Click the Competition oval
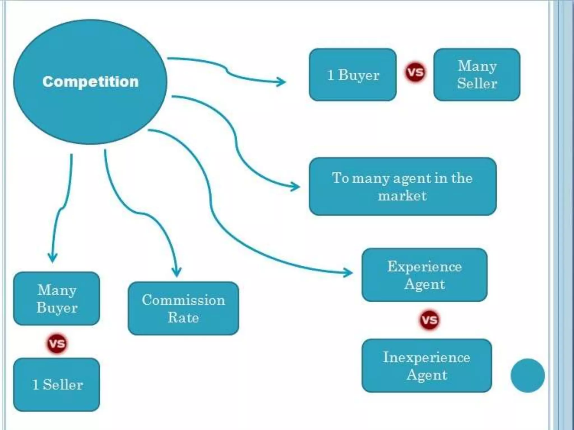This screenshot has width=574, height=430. [90, 82]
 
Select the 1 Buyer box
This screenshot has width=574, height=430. [353, 75]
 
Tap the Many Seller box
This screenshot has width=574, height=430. [477, 75]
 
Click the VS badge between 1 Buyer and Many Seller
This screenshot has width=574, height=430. [415, 72]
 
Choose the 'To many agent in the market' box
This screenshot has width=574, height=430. [402, 186]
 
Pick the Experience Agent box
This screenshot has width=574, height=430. [424, 275]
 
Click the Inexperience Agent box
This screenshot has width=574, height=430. [427, 366]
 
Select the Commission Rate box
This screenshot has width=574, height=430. [183, 309]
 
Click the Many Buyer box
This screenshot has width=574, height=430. [57, 298]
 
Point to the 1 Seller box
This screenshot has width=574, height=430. [57, 385]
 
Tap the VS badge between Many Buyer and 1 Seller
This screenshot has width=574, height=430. [57, 343]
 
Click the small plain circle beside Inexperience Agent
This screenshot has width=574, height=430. [527, 376]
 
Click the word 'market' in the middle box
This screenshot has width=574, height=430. [402, 195]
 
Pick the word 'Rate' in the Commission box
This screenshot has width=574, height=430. [183, 317]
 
